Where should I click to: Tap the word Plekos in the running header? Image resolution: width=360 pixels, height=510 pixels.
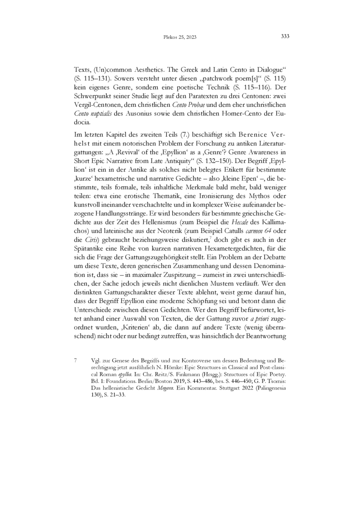coord(168,37)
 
